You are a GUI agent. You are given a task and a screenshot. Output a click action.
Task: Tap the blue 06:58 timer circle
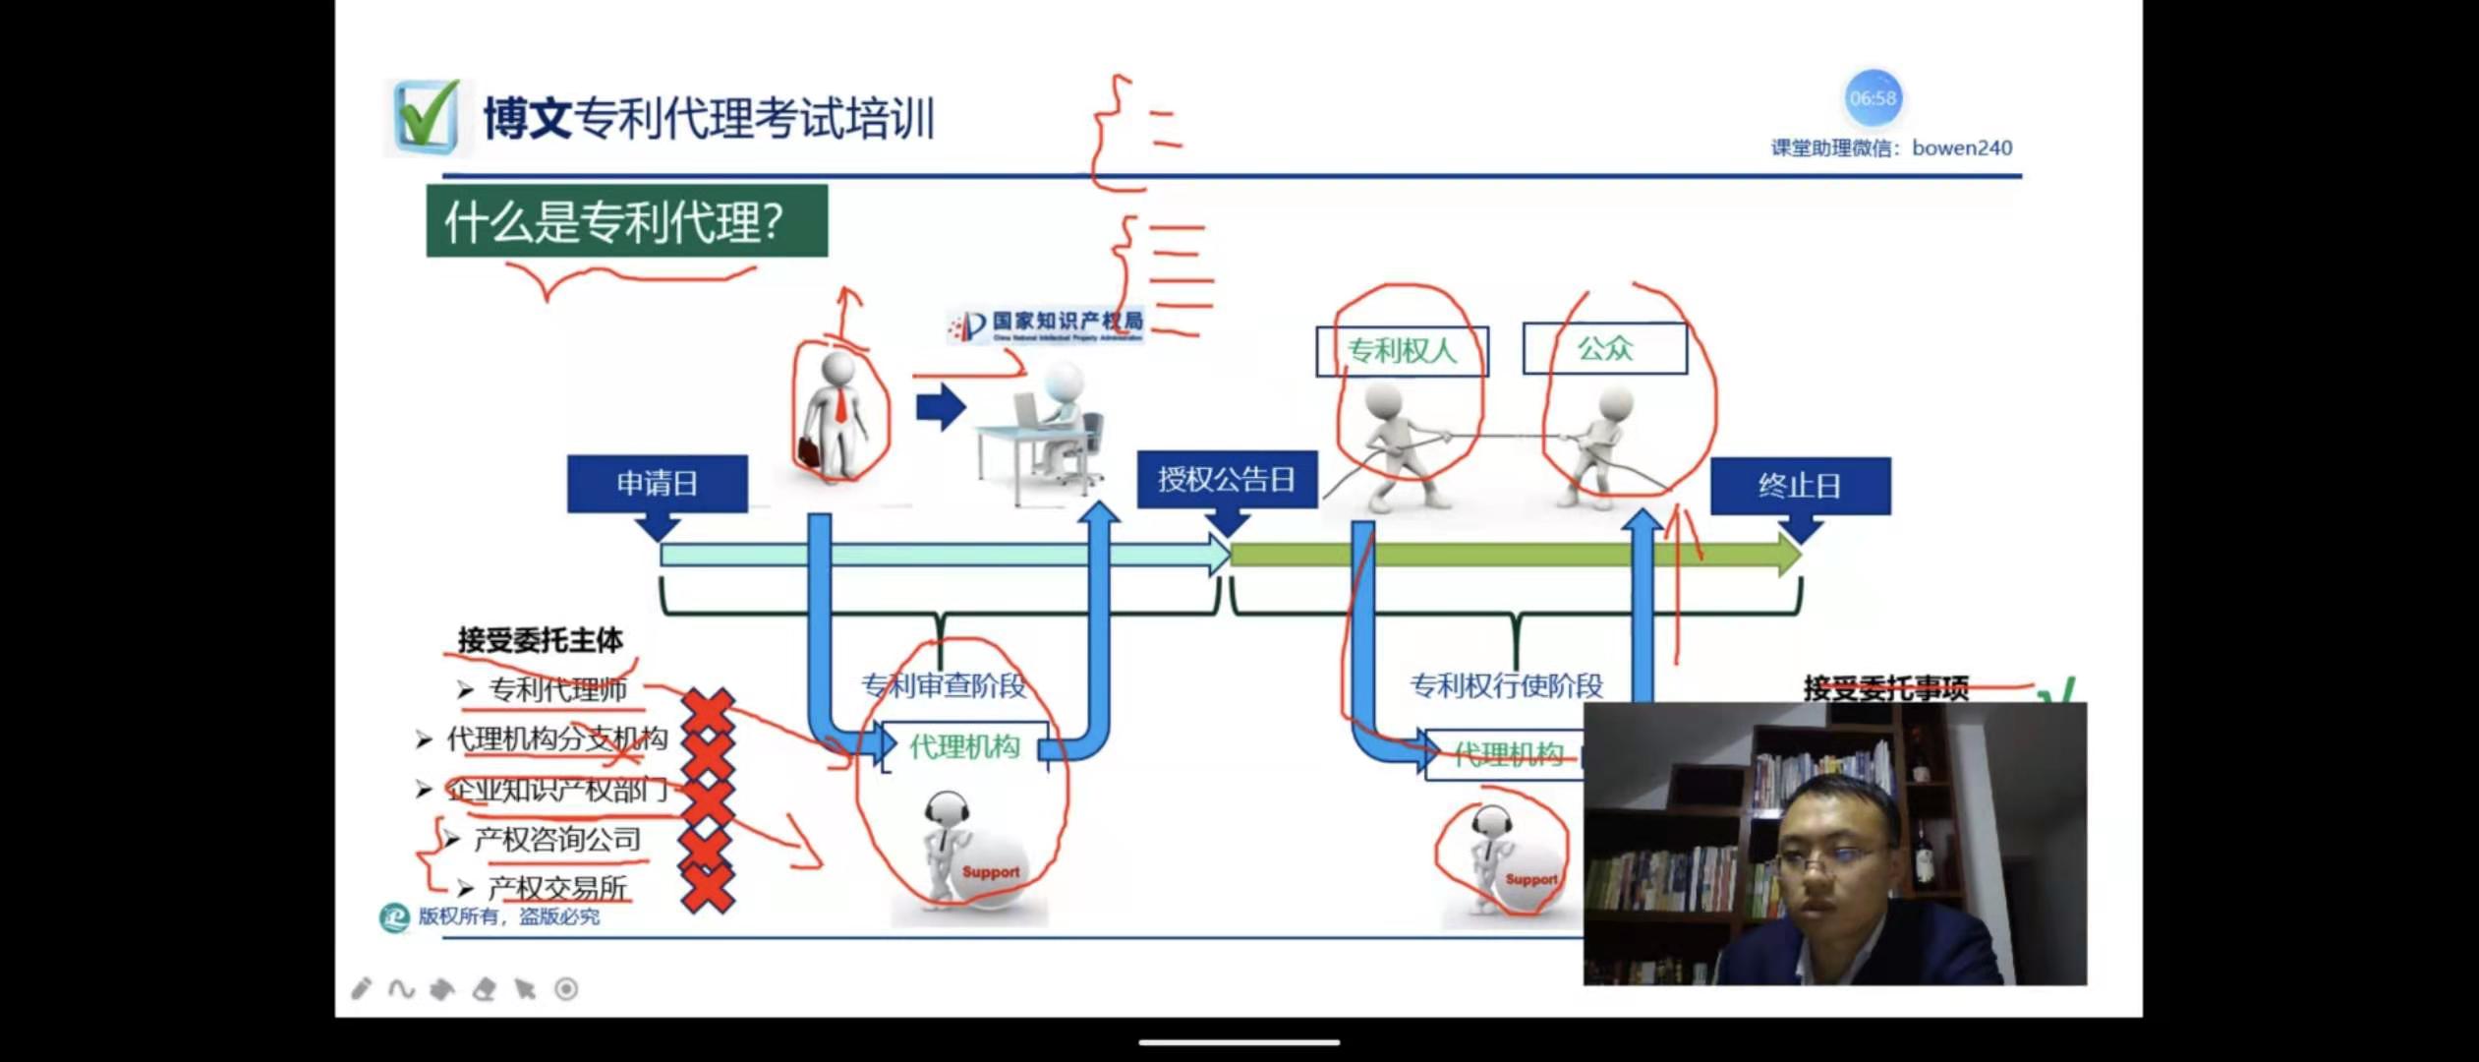[1872, 98]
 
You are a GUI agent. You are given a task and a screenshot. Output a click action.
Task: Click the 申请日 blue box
[657, 484]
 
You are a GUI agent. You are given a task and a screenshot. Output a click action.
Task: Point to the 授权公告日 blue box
[1226, 480]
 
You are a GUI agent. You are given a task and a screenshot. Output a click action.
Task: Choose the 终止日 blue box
[1799, 486]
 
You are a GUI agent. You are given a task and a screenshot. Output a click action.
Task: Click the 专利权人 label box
[1402, 351]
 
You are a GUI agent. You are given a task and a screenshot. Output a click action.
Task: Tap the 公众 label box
[1604, 348]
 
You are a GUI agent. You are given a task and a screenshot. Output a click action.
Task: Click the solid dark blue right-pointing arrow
[941, 407]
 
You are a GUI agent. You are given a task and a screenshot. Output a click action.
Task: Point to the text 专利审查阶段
[943, 685]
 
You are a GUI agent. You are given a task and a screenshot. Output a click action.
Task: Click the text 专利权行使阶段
[1506, 685]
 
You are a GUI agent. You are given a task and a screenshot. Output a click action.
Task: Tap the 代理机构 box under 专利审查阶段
[964, 747]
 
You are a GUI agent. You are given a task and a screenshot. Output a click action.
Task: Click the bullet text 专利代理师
[557, 690]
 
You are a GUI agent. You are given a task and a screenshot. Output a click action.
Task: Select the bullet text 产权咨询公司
[557, 840]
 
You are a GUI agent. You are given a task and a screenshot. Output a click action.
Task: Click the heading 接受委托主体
[540, 641]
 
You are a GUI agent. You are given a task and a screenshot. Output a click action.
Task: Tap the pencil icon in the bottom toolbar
[361, 988]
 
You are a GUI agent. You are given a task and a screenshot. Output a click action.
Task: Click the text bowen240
[1961, 148]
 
